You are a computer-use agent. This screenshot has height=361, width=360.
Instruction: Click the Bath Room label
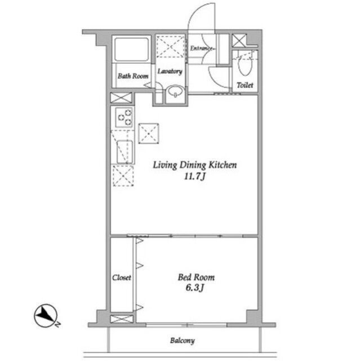(x=133, y=76)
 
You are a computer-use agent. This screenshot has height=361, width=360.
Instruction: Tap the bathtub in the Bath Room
(x=131, y=49)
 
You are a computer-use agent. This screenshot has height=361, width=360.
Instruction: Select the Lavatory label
(x=170, y=72)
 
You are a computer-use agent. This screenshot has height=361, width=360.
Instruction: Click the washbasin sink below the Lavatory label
(x=176, y=91)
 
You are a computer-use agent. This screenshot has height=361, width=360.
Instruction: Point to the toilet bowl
(x=245, y=65)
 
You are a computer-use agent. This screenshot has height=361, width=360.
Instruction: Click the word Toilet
(x=245, y=85)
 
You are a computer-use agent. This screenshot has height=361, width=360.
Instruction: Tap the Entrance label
(x=202, y=49)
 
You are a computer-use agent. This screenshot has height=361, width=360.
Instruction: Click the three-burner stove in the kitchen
(x=124, y=117)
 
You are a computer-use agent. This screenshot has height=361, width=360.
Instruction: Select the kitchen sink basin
(x=125, y=152)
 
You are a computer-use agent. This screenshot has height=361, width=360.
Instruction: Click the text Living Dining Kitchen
(x=195, y=165)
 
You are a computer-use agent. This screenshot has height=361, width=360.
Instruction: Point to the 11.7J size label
(x=194, y=177)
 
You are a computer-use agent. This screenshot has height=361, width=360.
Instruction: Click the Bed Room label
(x=196, y=277)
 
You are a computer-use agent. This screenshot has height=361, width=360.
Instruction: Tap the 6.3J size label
(x=195, y=288)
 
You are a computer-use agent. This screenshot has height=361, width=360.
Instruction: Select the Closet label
(x=122, y=278)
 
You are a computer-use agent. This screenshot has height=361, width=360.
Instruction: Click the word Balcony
(x=183, y=341)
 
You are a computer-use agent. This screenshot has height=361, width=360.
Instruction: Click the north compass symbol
(x=46, y=316)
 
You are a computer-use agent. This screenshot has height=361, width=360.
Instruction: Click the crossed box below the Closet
(x=122, y=319)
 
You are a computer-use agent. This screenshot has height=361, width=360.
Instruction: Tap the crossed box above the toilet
(x=239, y=41)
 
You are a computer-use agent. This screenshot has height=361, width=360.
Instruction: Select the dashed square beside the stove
(x=149, y=134)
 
